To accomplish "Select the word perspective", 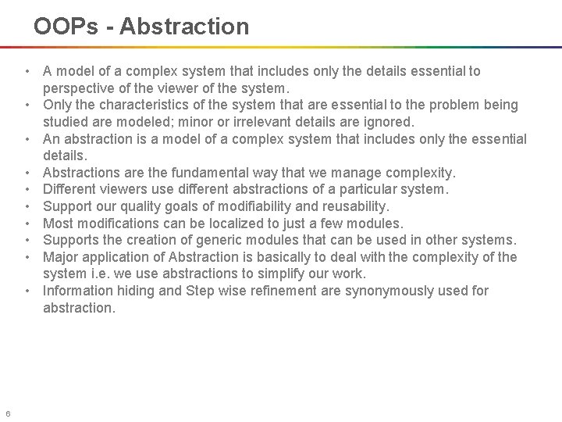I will tap(82, 88).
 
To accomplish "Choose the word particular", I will tap(365, 189).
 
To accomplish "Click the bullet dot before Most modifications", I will tap(27, 224).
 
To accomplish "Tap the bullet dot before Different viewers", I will tap(27, 189).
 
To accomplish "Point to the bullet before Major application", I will tap(27, 257).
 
